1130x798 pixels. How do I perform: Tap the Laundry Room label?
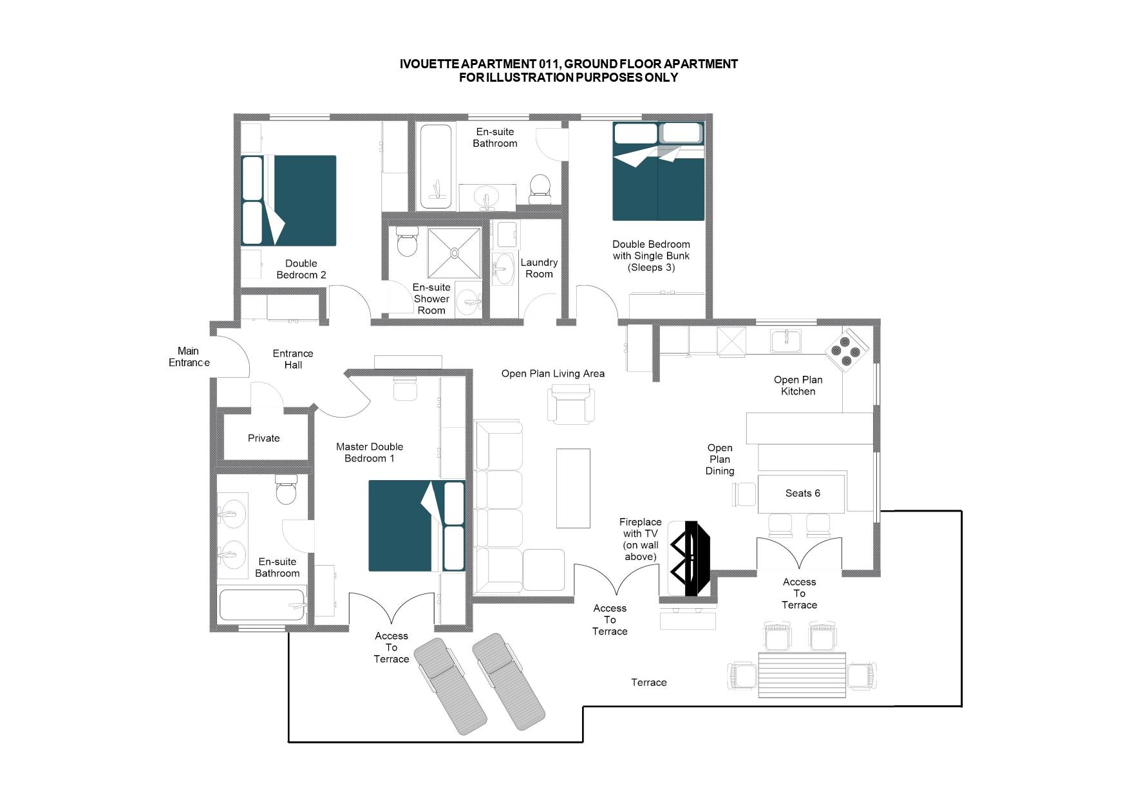(x=539, y=268)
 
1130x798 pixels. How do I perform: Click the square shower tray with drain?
(x=455, y=253)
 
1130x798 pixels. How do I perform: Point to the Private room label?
(x=264, y=438)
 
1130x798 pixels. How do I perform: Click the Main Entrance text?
(x=189, y=357)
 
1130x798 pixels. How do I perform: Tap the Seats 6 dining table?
(x=802, y=494)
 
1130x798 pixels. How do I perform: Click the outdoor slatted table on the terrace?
(x=802, y=674)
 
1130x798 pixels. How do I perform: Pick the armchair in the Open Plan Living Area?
(x=572, y=404)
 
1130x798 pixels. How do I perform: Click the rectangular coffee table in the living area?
(x=573, y=488)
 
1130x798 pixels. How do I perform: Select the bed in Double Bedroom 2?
(x=289, y=200)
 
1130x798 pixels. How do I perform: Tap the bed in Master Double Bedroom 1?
(x=417, y=526)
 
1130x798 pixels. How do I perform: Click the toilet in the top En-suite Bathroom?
(x=540, y=189)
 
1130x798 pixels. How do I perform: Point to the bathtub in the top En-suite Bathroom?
(x=436, y=166)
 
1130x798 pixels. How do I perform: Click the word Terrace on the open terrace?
(x=649, y=682)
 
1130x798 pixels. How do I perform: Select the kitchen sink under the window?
(x=786, y=341)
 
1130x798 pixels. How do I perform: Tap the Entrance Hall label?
(x=293, y=359)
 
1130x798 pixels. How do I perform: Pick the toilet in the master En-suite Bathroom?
(x=286, y=490)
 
